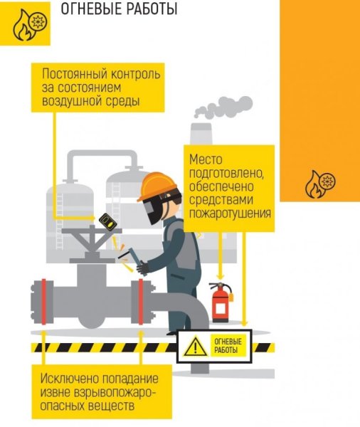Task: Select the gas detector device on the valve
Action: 108,222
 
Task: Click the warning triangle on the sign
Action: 194,347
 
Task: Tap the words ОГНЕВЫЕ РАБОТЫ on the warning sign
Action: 228,346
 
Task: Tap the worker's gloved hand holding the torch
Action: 143,267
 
